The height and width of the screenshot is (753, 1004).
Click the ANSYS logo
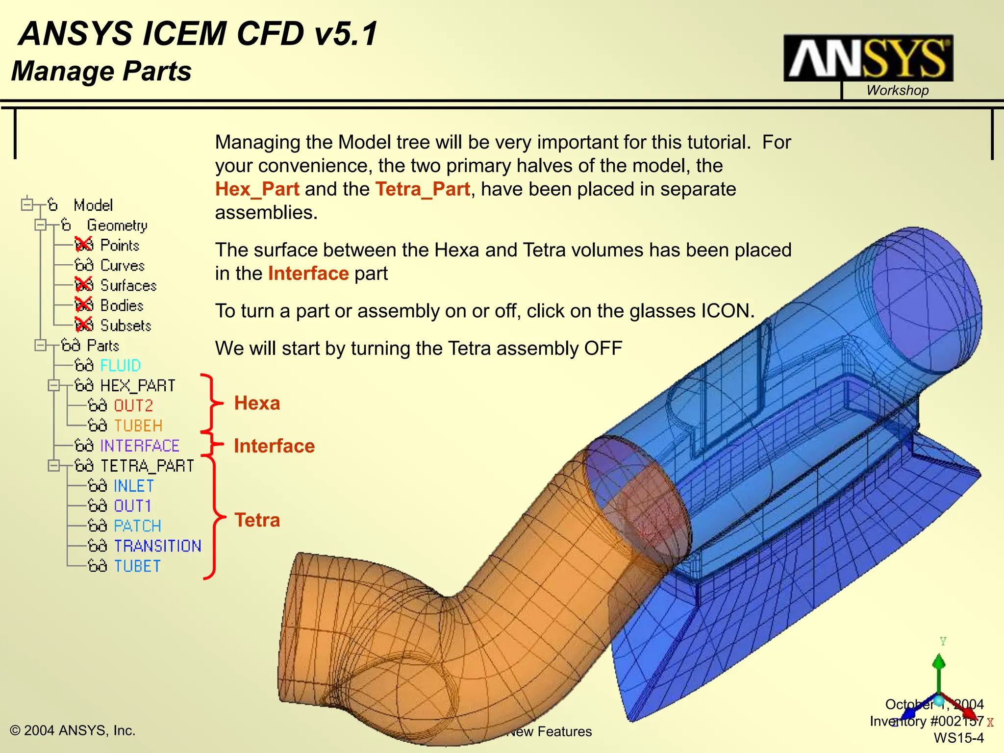click(868, 58)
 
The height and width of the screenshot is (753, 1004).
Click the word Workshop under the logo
click(897, 91)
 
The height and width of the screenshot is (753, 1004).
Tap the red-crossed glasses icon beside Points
click(84, 245)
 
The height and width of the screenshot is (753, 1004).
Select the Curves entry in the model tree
click(122, 265)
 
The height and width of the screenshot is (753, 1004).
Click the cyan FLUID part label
click(120, 366)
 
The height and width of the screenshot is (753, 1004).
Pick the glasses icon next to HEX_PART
click(84, 386)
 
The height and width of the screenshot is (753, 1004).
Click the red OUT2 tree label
click(133, 406)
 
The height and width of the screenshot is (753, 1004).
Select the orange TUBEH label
click(138, 426)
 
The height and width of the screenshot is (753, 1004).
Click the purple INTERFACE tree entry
click(140, 446)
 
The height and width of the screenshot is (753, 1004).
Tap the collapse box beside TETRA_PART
click(53, 465)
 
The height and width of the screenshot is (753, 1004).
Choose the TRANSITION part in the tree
click(157, 546)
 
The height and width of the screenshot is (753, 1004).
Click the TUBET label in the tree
click(137, 566)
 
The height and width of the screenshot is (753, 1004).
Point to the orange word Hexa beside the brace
click(257, 403)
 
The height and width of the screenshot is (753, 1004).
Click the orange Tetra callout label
click(257, 520)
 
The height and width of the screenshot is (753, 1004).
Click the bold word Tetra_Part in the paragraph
click(422, 189)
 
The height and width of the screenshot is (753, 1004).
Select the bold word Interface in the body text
click(308, 274)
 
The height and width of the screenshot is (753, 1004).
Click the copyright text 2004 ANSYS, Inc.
click(73, 730)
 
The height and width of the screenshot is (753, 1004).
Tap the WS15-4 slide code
click(958, 738)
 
